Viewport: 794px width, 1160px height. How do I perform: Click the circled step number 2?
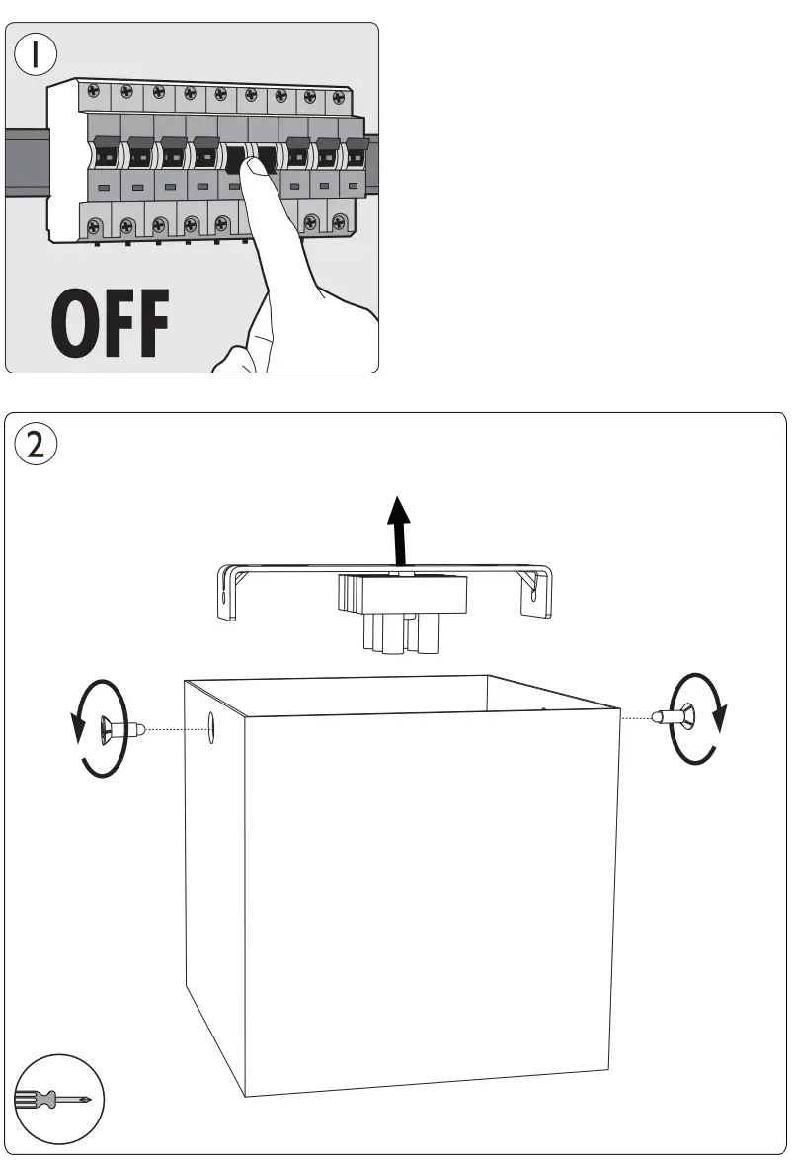click(35, 444)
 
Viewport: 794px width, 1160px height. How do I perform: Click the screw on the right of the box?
click(674, 718)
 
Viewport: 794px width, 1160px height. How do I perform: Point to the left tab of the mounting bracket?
click(227, 593)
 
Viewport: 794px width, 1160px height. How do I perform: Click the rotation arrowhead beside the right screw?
click(721, 720)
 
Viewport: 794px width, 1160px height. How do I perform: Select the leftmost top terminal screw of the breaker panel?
click(94, 90)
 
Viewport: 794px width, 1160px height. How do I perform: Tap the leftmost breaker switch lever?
click(103, 155)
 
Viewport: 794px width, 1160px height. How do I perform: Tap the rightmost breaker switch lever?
click(356, 155)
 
